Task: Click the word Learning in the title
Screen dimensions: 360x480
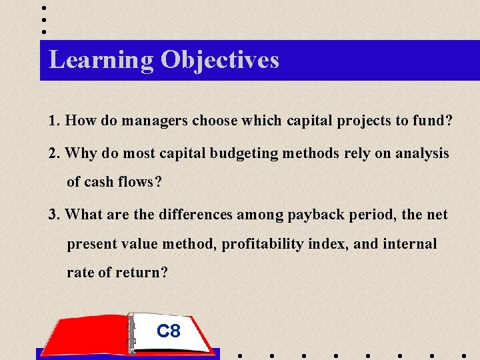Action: pyautogui.click(x=101, y=60)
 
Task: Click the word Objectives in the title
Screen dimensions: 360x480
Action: pyautogui.click(x=219, y=60)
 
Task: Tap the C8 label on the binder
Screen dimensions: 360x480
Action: pyautogui.click(x=168, y=331)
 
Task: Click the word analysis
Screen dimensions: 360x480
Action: pyautogui.click(x=421, y=153)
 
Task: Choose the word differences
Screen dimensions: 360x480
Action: pyautogui.click(x=197, y=215)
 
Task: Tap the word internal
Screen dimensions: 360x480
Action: pyautogui.click(x=411, y=244)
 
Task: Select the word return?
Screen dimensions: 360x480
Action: pyautogui.click(x=142, y=273)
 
